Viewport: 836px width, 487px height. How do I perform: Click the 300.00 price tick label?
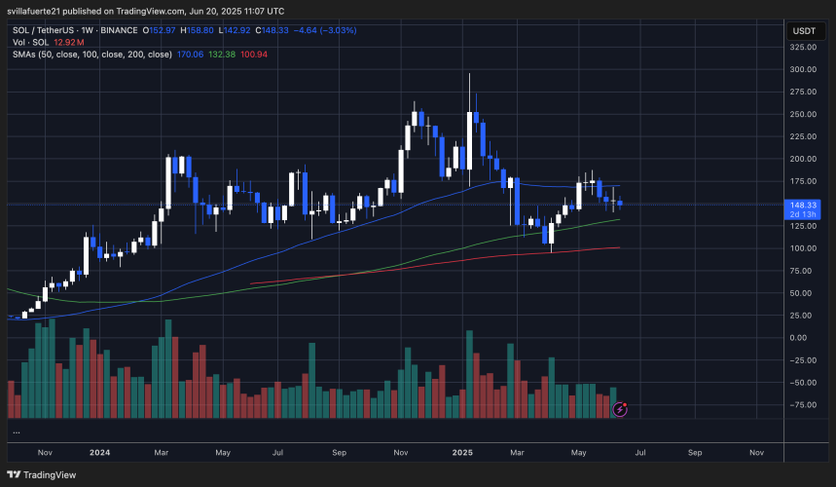click(803, 70)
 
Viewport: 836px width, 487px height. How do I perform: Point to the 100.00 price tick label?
click(803, 248)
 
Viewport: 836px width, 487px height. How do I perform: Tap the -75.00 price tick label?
click(803, 404)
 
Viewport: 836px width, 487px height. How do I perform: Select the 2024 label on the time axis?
click(101, 453)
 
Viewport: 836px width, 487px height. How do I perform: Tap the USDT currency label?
click(804, 30)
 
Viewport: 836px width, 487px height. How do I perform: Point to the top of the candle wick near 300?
click(470, 73)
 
